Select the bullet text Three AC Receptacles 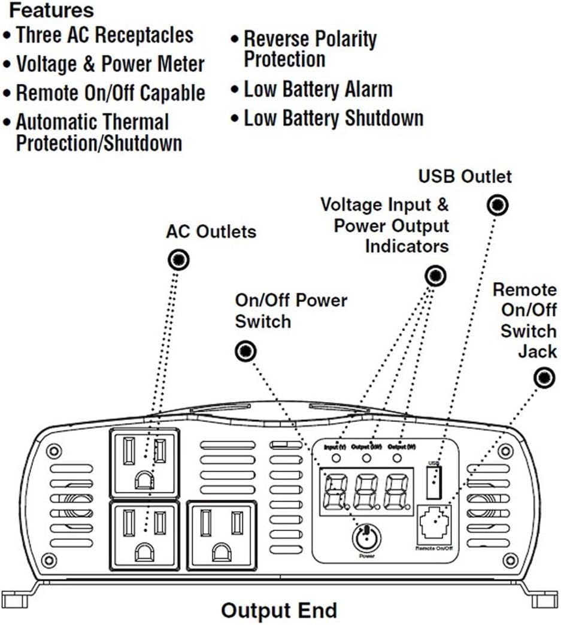(x=104, y=35)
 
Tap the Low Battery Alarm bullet (x=317, y=90)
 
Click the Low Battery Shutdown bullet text (x=333, y=118)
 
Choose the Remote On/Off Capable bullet (x=110, y=93)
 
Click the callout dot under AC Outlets (x=178, y=260)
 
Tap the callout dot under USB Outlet (x=498, y=205)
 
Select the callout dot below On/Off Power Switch (x=245, y=351)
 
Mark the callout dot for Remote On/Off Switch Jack (x=544, y=378)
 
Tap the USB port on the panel (x=435, y=481)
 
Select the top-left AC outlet (x=144, y=463)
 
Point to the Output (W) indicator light (x=397, y=458)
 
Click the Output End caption (x=279, y=611)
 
